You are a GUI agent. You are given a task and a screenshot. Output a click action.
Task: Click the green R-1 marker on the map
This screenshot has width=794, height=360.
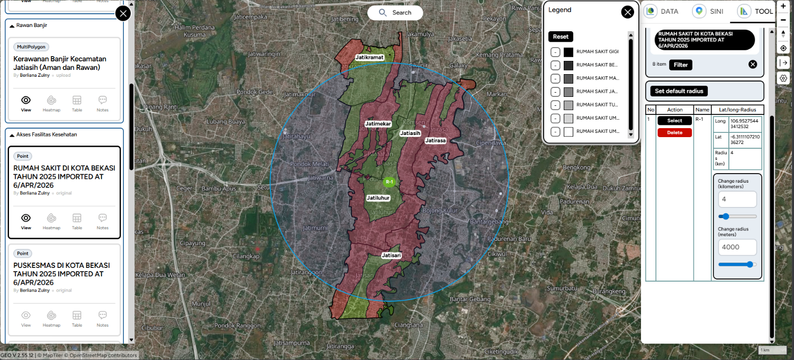(389, 182)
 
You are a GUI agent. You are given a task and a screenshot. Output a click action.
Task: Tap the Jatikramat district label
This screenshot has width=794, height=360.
(369, 57)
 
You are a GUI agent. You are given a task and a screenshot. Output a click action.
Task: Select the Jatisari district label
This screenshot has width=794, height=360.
(391, 255)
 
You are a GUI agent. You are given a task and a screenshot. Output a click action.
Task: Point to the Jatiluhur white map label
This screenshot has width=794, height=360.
(378, 198)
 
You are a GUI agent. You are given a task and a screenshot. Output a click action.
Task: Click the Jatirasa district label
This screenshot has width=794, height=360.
(435, 141)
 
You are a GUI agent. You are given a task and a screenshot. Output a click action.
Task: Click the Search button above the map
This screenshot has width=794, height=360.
(395, 13)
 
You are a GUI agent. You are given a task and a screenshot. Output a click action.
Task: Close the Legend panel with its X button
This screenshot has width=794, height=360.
(627, 13)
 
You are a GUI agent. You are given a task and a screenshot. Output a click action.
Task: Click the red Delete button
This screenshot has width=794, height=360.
(674, 133)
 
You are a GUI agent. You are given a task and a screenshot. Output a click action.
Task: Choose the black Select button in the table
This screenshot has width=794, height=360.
(674, 121)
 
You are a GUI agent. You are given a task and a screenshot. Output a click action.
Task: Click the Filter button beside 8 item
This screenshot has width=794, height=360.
(681, 65)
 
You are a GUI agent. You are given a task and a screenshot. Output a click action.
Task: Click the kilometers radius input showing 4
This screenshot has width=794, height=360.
(737, 200)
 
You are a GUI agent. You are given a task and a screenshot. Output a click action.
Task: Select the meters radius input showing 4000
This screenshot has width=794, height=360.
(737, 247)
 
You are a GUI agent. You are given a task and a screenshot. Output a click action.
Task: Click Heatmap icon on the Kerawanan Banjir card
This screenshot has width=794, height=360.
(51, 102)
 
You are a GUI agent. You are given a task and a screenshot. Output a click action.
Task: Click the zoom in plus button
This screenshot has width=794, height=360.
(783, 6)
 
